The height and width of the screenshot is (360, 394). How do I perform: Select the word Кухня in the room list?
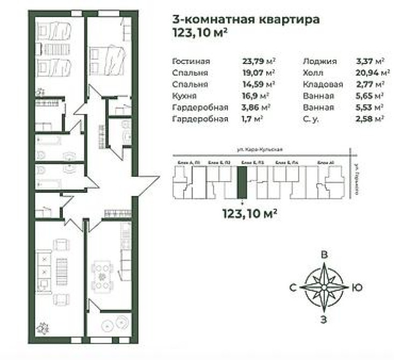[x=183, y=96]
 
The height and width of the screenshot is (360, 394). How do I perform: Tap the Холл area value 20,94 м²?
[x=371, y=73]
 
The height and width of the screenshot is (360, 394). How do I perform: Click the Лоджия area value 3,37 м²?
[x=370, y=61]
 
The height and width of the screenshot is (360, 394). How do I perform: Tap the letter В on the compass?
[x=324, y=255]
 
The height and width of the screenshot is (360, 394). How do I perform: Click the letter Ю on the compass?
[x=356, y=288]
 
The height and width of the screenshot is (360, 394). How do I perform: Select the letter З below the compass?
[x=324, y=321]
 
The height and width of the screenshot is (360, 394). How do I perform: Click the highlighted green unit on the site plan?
[x=243, y=182]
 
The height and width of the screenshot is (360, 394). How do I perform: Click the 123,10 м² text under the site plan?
[x=249, y=214]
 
